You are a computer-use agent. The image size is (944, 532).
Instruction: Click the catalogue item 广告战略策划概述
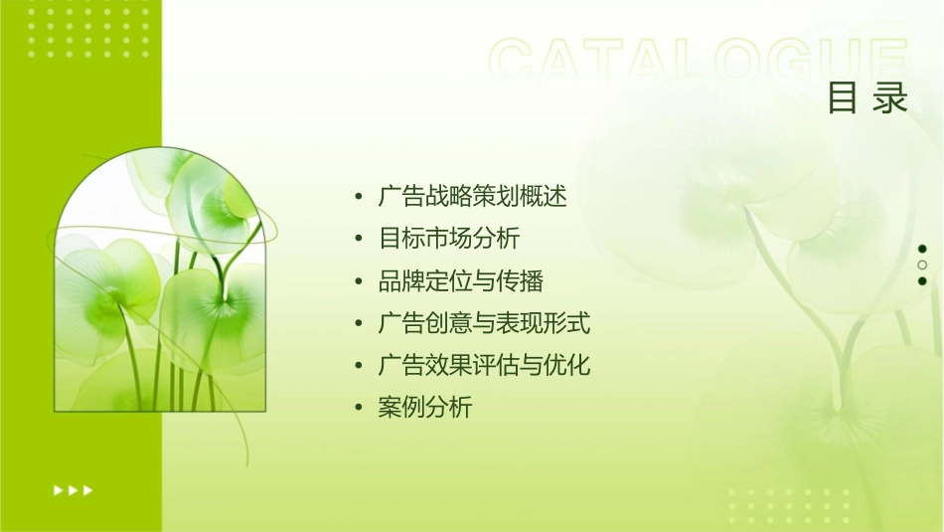(x=473, y=197)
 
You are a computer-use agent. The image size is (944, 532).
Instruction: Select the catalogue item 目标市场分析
(x=449, y=239)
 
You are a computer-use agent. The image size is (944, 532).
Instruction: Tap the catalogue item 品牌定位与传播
(x=461, y=281)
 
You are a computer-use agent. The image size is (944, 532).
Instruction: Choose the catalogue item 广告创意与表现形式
(x=485, y=323)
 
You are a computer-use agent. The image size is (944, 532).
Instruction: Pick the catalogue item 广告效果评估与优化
(x=485, y=365)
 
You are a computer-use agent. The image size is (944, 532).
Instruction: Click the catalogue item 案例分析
(x=425, y=407)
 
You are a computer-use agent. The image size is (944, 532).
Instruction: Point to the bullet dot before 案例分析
(x=359, y=408)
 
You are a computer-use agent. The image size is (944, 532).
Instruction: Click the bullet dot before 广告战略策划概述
(x=359, y=198)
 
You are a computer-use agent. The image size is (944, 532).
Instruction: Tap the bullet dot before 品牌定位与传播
(x=359, y=282)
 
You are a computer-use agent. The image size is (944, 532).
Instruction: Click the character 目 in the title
(x=844, y=98)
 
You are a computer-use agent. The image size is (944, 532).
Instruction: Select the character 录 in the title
(x=891, y=98)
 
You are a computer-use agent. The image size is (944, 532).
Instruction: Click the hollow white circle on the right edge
(x=922, y=265)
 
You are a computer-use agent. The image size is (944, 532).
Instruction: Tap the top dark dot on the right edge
(x=922, y=249)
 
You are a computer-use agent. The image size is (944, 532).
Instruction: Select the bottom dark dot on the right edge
(x=922, y=280)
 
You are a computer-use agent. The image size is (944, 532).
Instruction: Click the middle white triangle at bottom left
(x=74, y=489)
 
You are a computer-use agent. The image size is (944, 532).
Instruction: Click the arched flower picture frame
(x=160, y=282)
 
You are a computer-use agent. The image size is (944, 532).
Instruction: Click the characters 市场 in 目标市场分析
(x=449, y=239)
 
